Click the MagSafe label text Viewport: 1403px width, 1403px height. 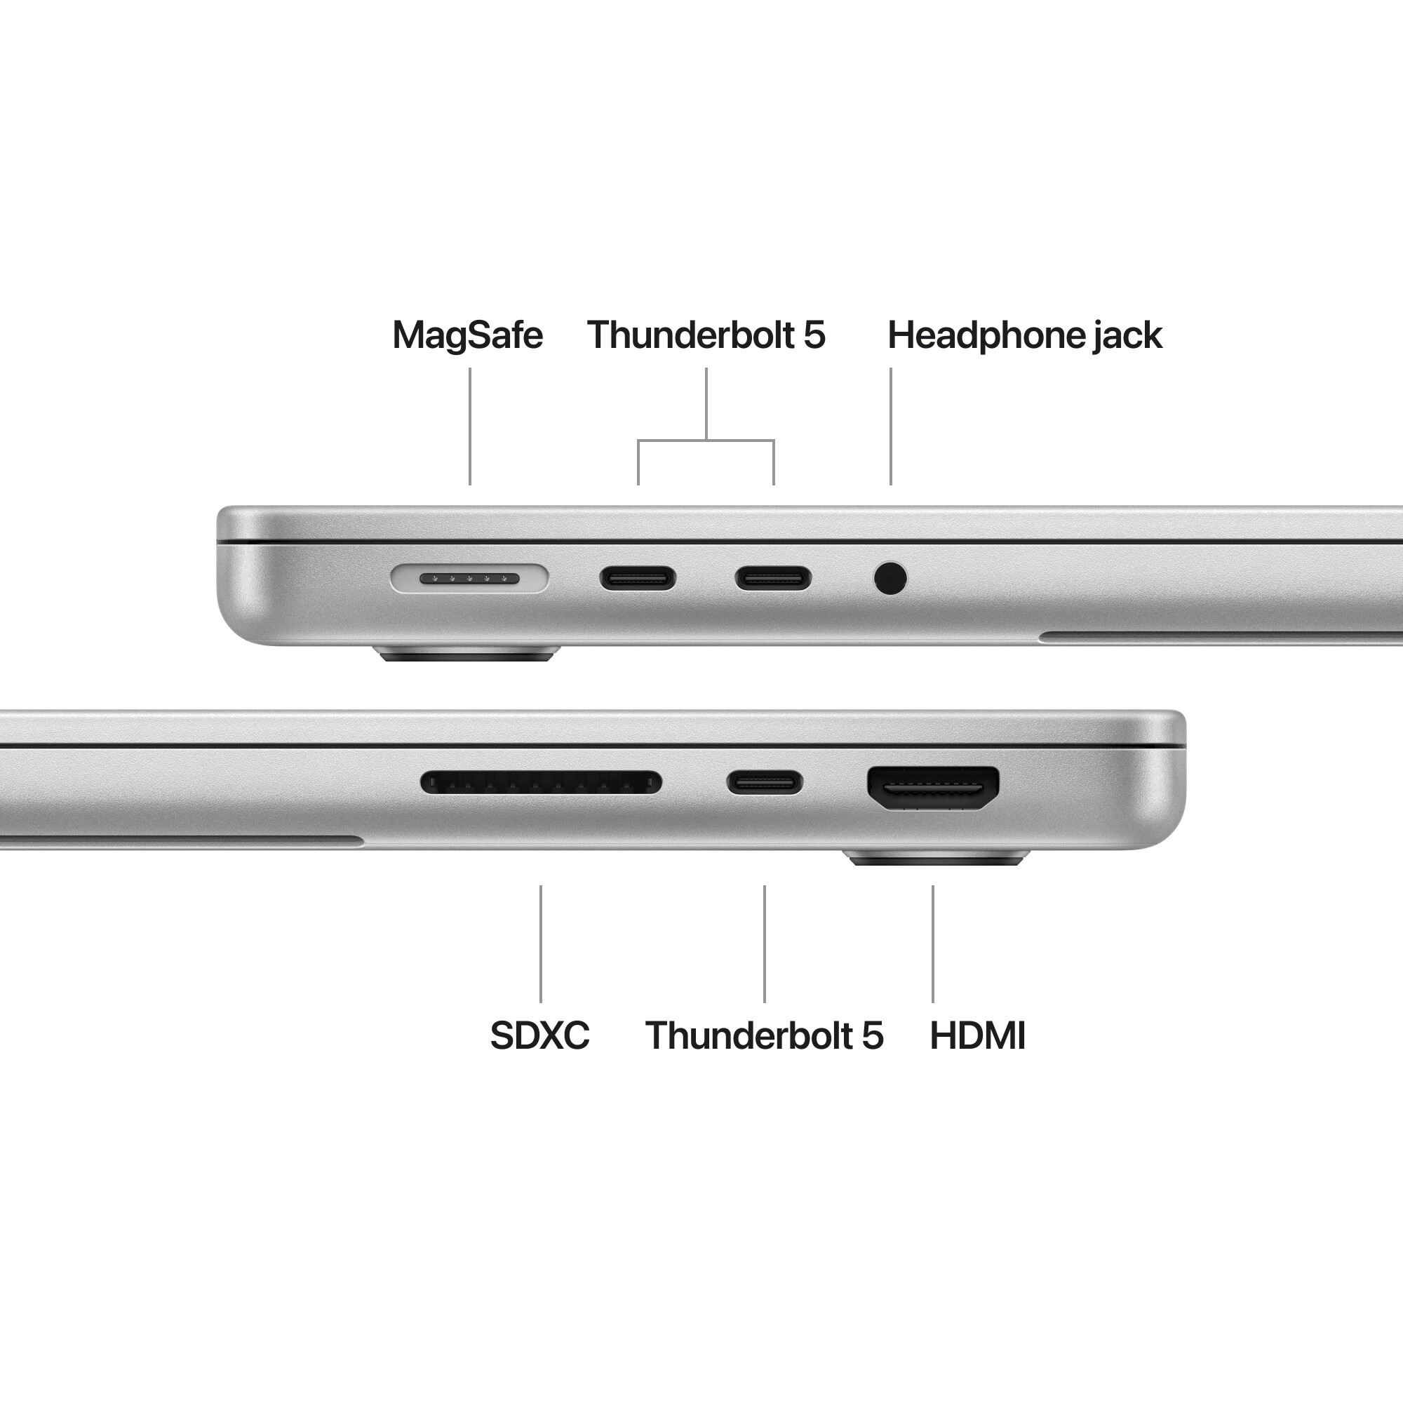point(467,335)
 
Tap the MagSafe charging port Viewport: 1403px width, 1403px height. point(469,579)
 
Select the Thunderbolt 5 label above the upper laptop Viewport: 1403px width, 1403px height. point(706,335)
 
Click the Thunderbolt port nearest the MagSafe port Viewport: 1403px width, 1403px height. point(638,579)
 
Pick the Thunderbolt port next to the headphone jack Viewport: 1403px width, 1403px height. point(772,579)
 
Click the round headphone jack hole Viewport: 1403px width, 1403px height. point(890,579)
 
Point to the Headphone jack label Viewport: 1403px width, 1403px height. point(1024,335)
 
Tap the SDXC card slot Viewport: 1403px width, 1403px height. point(541,783)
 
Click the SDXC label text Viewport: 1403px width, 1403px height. point(539,1035)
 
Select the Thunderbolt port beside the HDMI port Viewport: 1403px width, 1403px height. point(765,783)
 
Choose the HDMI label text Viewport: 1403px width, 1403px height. point(977,1035)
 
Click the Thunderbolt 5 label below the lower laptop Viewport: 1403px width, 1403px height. point(764,1035)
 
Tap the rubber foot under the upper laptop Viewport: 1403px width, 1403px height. point(468,654)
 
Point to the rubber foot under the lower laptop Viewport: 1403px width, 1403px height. point(937,859)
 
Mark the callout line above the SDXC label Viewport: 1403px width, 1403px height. point(540,944)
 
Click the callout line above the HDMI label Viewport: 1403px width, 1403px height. point(933,944)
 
